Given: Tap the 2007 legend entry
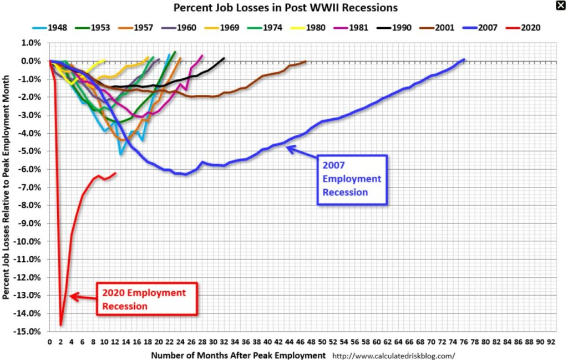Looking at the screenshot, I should (x=485, y=27).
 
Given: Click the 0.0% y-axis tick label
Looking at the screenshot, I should (x=32, y=61).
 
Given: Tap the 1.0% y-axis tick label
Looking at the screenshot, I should (x=32, y=43).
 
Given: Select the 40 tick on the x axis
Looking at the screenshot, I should (x=267, y=342).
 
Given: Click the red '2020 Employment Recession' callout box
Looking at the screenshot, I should (x=146, y=299).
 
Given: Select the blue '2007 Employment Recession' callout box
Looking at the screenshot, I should (x=352, y=179).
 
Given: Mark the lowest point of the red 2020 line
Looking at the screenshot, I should (x=60, y=325).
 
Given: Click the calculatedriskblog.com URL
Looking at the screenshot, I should (x=394, y=356).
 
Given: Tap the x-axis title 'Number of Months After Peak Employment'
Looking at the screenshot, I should (x=238, y=355).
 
